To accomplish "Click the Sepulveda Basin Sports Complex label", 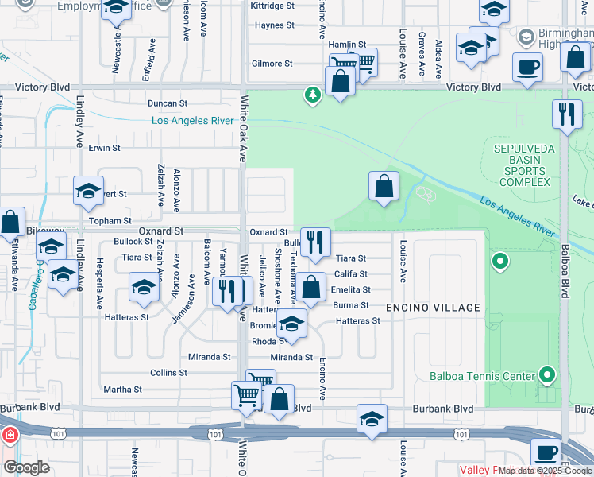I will pyautogui.click(x=520, y=165).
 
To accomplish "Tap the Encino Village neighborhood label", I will pyautogui.click(x=433, y=308).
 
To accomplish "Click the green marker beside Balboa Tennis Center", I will pyautogui.click(x=547, y=374).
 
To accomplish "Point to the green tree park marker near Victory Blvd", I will pyautogui.click(x=313, y=96).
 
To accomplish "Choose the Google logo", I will pyautogui.click(x=26, y=467).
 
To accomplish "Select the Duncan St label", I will pyautogui.click(x=168, y=103).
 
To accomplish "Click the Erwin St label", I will pyautogui.click(x=104, y=148).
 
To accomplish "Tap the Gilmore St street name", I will pyautogui.click(x=272, y=64).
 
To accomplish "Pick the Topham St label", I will pyautogui.click(x=111, y=220).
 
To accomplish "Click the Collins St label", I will pyautogui.click(x=168, y=372).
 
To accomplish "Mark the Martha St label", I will pyautogui.click(x=122, y=390).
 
